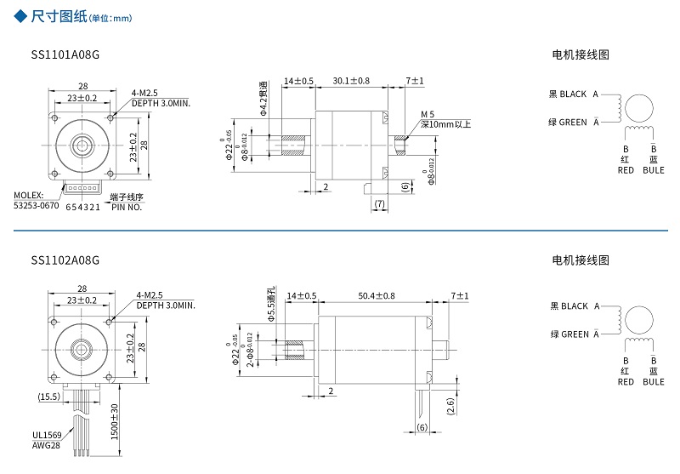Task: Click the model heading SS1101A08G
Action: (65, 55)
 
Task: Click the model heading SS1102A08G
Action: (65, 260)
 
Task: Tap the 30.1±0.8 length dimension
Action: (351, 81)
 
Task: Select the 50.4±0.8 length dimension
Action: (377, 295)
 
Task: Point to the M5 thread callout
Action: (428, 114)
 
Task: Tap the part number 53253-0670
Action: (37, 205)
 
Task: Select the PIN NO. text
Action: (127, 207)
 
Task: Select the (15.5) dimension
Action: (48, 397)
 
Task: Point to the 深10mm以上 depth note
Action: (446, 124)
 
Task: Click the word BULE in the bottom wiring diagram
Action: (654, 382)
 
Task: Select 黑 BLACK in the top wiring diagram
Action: (569, 94)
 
